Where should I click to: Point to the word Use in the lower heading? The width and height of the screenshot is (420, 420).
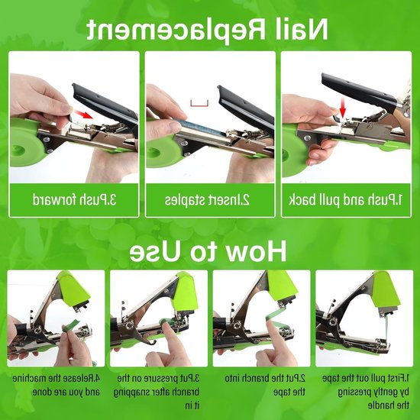tap(155, 251)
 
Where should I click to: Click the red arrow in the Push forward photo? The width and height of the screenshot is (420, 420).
tap(83, 115)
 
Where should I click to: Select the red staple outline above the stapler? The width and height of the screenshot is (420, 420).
tap(199, 103)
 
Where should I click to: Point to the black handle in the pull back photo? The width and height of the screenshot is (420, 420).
tap(359, 90)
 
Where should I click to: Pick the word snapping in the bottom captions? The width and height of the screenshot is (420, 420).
tap(128, 393)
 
